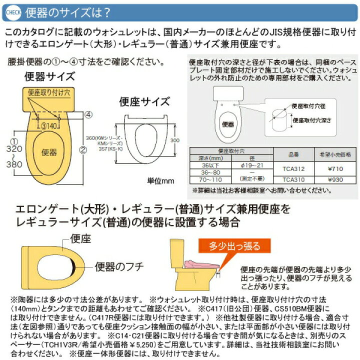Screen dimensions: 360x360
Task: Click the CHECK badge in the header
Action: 12,10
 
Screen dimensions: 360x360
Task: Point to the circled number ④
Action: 87,114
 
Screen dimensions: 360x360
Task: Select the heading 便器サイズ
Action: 49,77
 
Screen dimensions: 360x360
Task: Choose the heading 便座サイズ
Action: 138,101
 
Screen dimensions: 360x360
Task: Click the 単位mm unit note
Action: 160,180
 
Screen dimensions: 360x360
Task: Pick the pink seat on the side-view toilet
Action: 202,263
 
